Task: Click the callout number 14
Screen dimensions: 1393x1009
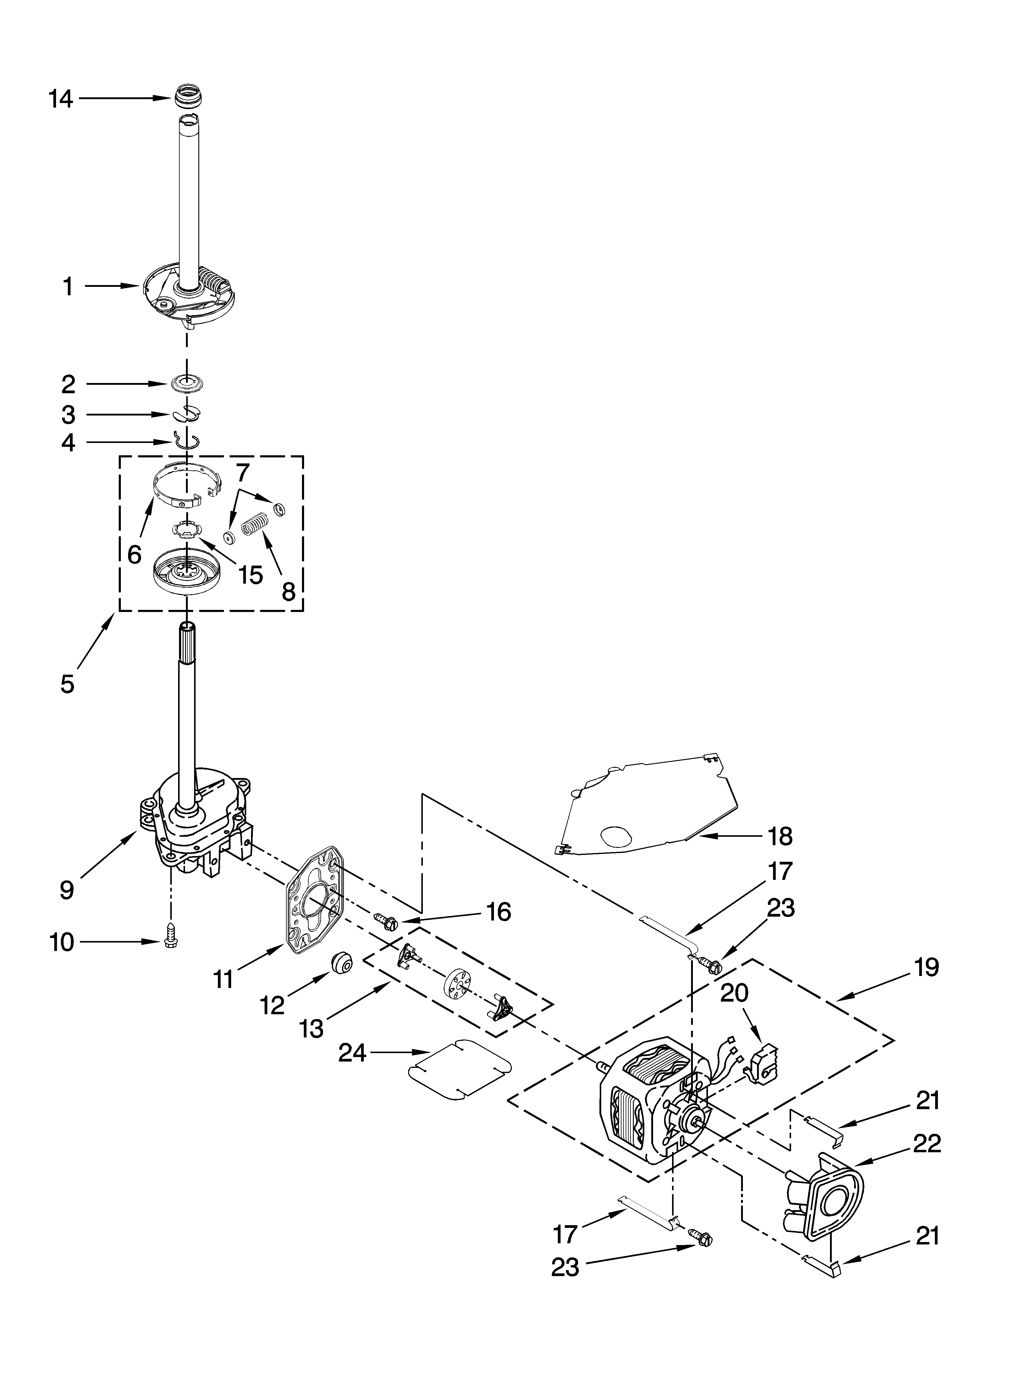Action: (x=61, y=99)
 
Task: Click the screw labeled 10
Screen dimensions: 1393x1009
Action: (x=170, y=941)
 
